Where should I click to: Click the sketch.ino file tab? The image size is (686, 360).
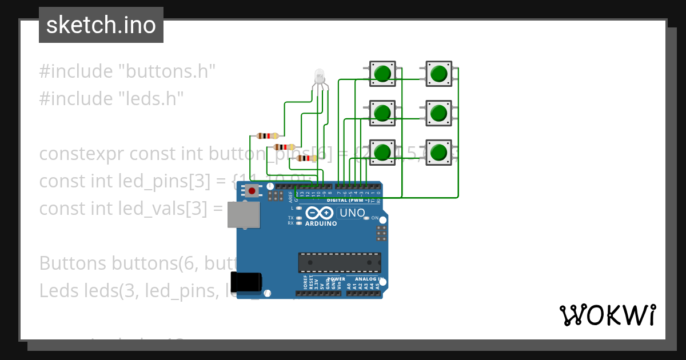click(x=101, y=25)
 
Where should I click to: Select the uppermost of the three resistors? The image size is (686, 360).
click(x=267, y=135)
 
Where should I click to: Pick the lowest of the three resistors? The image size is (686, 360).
click(x=306, y=158)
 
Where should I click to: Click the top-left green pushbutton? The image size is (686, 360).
click(x=382, y=74)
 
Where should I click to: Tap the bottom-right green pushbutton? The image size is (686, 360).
click(x=438, y=153)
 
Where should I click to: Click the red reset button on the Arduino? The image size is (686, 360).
click(x=252, y=191)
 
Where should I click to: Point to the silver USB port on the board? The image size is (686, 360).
click(x=242, y=215)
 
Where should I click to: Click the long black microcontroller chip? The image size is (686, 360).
click(x=339, y=262)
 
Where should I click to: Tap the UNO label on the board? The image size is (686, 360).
click(x=352, y=213)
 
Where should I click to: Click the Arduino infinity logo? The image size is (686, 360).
click(x=320, y=213)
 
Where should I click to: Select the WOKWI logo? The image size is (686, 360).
click(x=607, y=315)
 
